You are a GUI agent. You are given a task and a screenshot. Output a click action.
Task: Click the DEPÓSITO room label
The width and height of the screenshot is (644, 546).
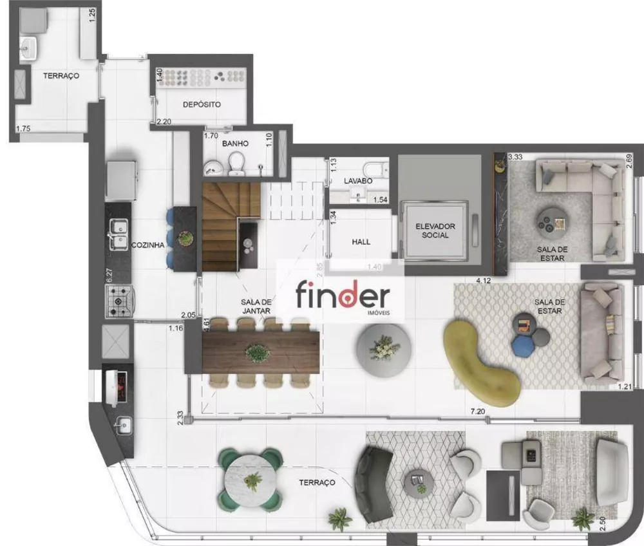pyautogui.click(x=202, y=104)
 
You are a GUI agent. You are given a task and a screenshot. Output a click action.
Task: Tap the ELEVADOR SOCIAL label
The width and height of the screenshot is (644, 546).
pyautogui.click(x=435, y=231)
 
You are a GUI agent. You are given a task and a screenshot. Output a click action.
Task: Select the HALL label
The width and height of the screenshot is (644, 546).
pyautogui.click(x=361, y=242)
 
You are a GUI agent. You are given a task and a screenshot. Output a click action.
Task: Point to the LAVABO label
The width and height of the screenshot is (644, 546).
pyautogui.click(x=357, y=182)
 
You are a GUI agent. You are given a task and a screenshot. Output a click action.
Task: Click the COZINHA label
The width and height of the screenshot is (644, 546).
pyautogui.click(x=147, y=245)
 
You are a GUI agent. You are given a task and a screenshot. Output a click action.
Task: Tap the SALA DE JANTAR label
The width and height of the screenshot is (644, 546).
pyautogui.click(x=256, y=306)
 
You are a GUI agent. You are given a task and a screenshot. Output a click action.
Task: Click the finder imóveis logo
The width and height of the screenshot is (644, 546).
pyautogui.click(x=341, y=297)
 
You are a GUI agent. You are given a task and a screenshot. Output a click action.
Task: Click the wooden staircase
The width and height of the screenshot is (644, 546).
pyautogui.click(x=222, y=225)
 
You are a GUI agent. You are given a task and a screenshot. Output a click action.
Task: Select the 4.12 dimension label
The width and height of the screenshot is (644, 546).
pyautogui.click(x=484, y=280)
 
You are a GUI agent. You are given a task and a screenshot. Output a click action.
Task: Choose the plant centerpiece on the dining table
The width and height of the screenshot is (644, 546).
pyautogui.click(x=258, y=352)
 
